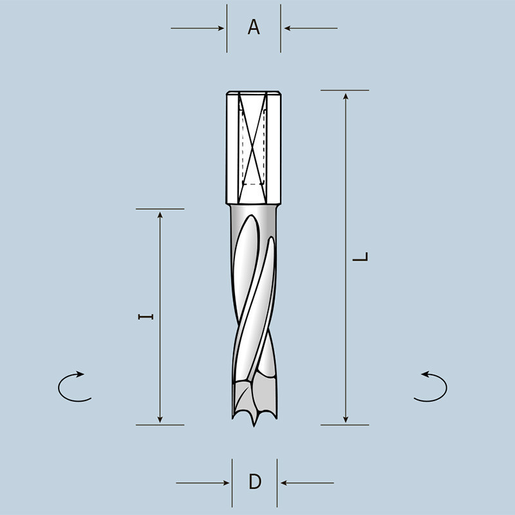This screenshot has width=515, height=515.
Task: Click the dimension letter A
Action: (254, 28)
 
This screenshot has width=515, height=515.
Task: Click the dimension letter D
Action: (255, 482)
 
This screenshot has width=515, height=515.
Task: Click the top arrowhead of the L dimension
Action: (346, 96)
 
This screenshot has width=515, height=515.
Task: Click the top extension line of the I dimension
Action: (160, 209)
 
